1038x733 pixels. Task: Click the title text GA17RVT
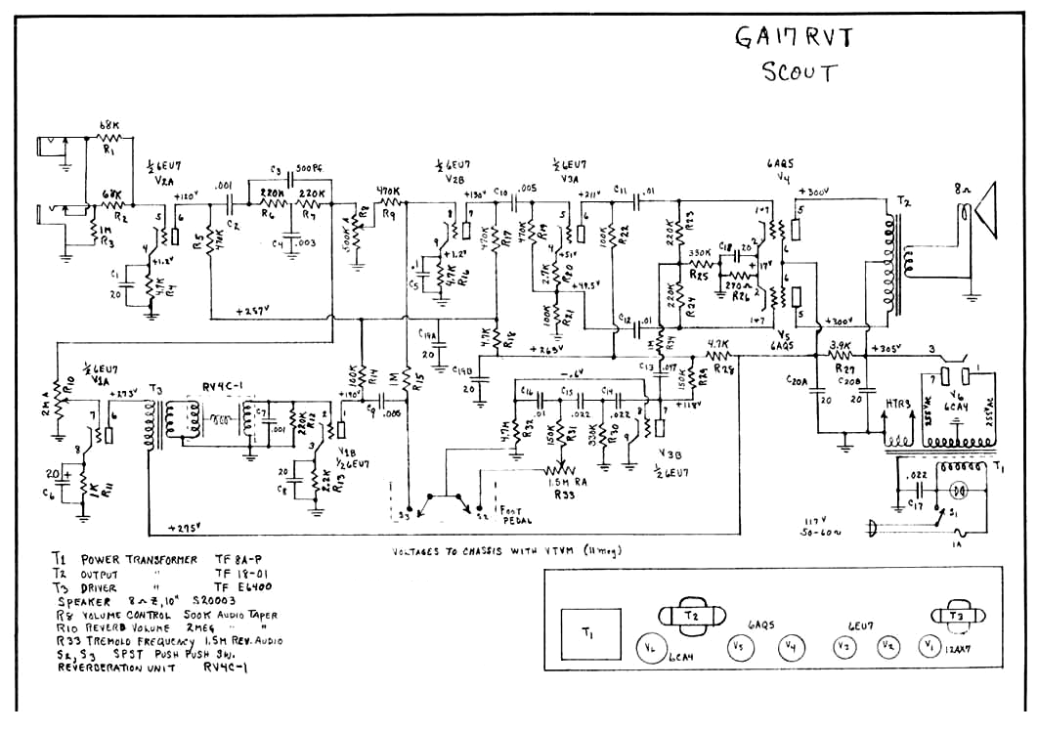(793, 37)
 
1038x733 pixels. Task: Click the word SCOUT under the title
(799, 73)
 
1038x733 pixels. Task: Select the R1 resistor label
(109, 151)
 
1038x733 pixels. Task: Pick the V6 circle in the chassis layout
(651, 646)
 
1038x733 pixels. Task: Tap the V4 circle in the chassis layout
(790, 646)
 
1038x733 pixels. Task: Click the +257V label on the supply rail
(254, 311)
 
